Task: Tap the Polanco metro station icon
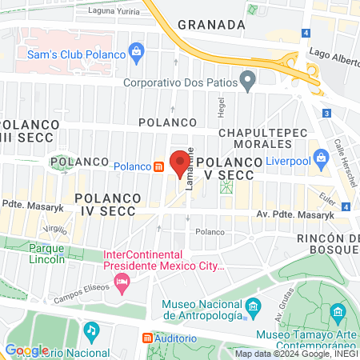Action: [159, 166]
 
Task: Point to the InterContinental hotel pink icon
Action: [122, 281]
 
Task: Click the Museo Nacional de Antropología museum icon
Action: [253, 306]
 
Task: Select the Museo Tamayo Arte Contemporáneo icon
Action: [338, 310]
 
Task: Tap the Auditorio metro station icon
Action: [147, 338]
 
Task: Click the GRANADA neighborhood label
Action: [211, 25]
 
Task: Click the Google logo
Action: [26, 350]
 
